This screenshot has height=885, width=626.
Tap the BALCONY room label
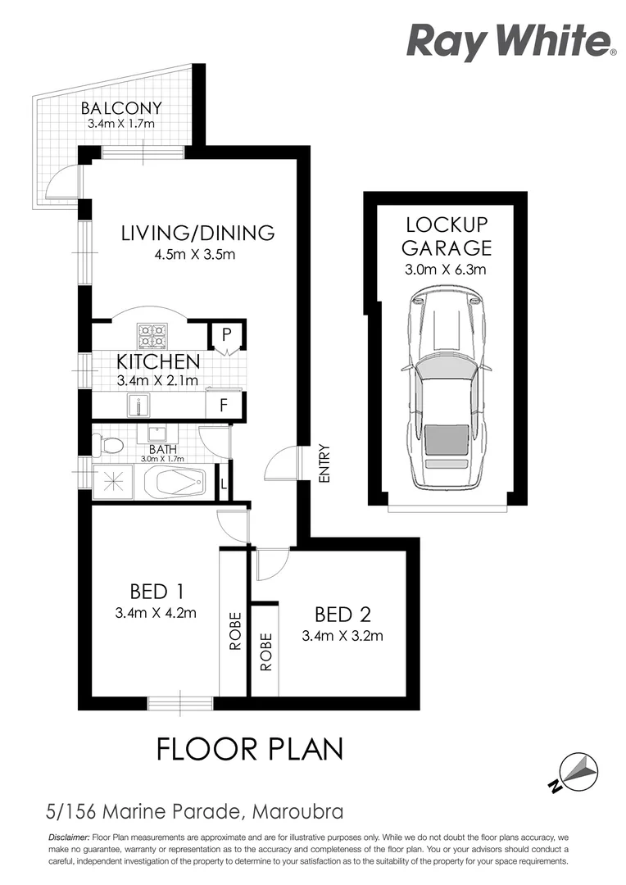click(x=121, y=108)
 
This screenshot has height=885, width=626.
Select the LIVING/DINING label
click(x=197, y=233)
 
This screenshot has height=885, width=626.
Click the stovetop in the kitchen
click(x=152, y=335)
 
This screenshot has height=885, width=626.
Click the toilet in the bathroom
click(x=108, y=446)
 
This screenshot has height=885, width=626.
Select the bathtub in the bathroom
click(x=175, y=483)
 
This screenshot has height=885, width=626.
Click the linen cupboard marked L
click(x=224, y=483)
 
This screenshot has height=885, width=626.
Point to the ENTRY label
click(x=324, y=463)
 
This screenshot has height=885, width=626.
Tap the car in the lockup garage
click(x=446, y=389)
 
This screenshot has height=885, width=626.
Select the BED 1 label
click(x=155, y=591)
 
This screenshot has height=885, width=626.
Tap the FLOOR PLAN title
click(x=249, y=749)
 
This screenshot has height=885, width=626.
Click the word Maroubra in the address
click(x=297, y=814)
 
